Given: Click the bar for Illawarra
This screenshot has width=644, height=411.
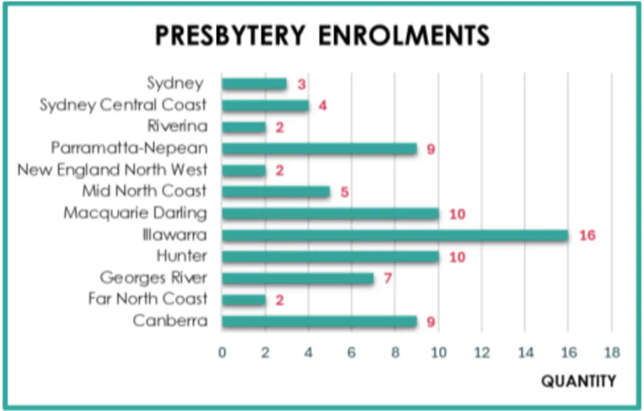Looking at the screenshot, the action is click(x=395, y=235).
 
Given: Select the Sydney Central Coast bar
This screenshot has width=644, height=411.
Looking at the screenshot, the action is click(x=265, y=106).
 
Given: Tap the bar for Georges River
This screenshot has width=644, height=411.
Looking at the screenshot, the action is click(x=297, y=279).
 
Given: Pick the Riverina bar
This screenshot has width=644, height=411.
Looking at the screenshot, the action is click(x=244, y=127).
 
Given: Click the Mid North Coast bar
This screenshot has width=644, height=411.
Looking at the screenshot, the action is click(x=276, y=192).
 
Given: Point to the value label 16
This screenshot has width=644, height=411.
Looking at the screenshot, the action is click(x=587, y=236).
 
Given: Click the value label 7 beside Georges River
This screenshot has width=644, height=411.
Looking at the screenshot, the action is click(x=388, y=279).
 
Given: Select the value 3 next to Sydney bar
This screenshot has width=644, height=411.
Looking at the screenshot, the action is click(x=301, y=84).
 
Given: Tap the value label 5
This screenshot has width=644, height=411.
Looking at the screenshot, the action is click(x=345, y=192).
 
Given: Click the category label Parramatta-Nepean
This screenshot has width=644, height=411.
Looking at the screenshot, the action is click(x=129, y=148).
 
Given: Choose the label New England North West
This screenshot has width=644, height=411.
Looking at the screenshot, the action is click(x=112, y=170).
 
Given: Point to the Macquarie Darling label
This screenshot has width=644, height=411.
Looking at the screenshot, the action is click(x=135, y=213).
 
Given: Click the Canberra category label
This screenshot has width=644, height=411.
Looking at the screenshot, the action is click(x=170, y=320).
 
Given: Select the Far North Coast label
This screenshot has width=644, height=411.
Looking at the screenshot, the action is click(x=148, y=298).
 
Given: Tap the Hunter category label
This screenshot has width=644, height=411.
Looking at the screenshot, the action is click(x=182, y=256).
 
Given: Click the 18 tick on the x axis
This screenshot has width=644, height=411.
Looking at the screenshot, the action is click(x=612, y=353).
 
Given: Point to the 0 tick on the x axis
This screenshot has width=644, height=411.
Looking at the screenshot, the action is click(x=222, y=353).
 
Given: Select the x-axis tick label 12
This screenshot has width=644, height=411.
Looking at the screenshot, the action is click(x=482, y=353).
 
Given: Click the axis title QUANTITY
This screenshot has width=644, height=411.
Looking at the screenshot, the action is click(x=579, y=382).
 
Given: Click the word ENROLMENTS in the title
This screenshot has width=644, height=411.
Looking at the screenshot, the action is click(x=404, y=35).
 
